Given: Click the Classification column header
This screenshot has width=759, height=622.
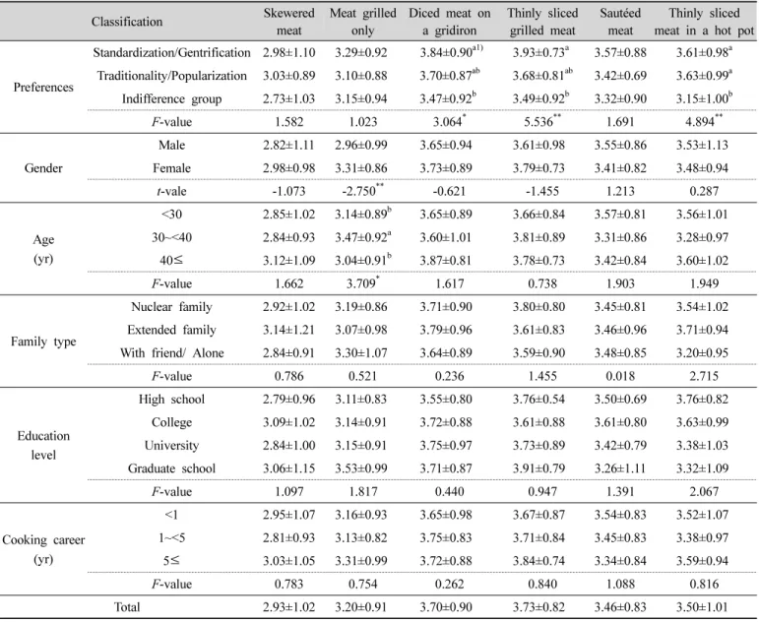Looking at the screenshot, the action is coord(127,22).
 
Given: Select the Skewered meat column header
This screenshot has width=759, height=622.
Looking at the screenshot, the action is coord(289,22).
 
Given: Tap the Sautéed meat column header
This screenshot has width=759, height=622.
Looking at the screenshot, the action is coord(620,22).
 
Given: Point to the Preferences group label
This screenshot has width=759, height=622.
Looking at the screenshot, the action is coord(43,88).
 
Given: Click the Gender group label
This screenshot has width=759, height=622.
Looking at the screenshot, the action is coord(43,168).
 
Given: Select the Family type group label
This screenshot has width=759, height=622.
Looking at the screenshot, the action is coord(43,342).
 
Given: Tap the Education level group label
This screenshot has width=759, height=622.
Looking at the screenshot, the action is coord(43,445).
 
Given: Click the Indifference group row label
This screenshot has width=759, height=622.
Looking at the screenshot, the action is coord(172,98).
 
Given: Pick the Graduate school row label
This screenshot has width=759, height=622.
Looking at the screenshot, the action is coord(172,468).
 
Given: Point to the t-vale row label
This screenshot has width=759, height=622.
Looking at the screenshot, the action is coord(172,191).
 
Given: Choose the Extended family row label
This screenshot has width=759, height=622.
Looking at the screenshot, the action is coord(172,330).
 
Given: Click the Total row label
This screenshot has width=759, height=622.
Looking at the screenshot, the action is coord(127,607).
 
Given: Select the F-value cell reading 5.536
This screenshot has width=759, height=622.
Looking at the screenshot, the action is coord(542,121).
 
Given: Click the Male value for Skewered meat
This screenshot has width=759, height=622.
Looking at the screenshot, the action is coord(289,146).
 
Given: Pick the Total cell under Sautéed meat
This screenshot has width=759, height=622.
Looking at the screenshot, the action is coord(620,607).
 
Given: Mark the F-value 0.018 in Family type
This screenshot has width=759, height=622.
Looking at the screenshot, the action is coord(620,376).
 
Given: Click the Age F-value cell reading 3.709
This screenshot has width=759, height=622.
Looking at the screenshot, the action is coord(363,283).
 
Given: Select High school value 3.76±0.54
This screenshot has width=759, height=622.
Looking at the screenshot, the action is coord(538,400).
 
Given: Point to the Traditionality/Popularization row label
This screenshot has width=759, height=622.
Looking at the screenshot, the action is coord(172,76).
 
